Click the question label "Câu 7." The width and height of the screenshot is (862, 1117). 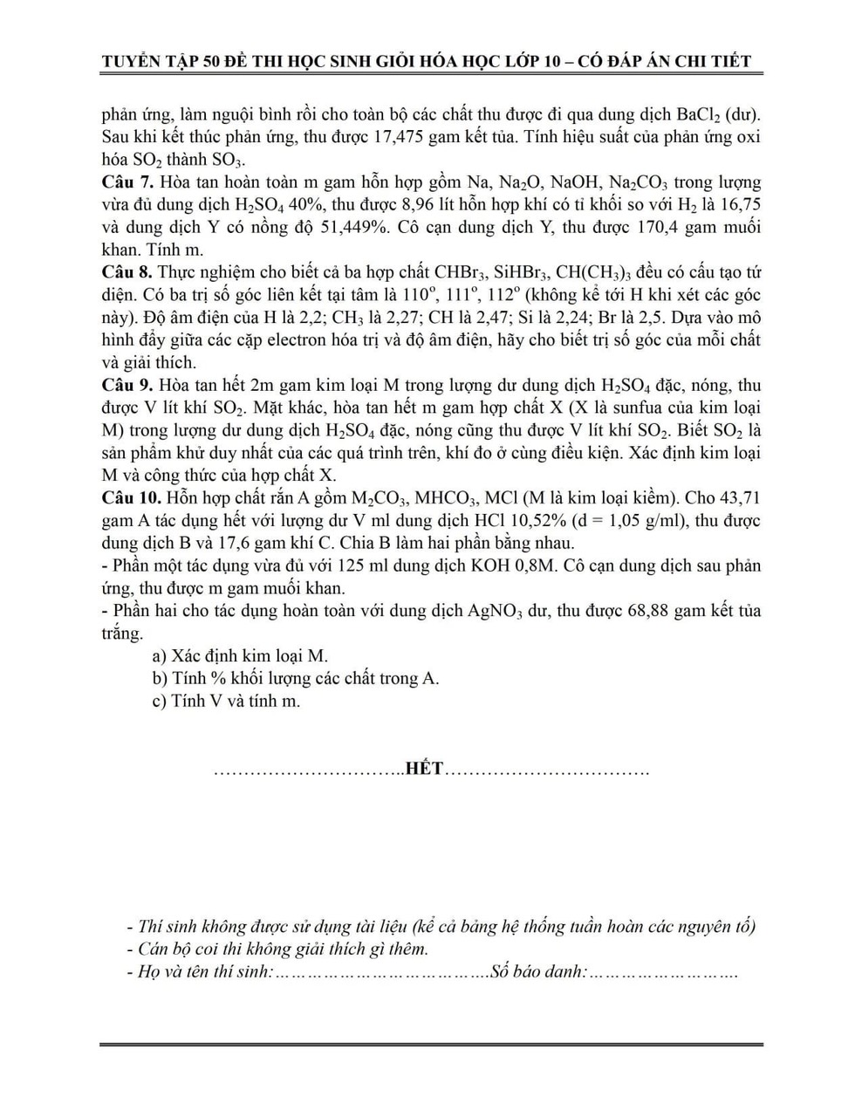pyautogui.click(x=128, y=182)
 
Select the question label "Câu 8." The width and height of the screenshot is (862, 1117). pyautogui.click(x=128, y=272)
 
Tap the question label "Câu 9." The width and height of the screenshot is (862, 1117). pyautogui.click(x=128, y=386)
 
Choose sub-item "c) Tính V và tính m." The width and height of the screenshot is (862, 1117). pyautogui.click(x=226, y=701)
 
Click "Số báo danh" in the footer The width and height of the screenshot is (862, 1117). pyautogui.click(x=538, y=971)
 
